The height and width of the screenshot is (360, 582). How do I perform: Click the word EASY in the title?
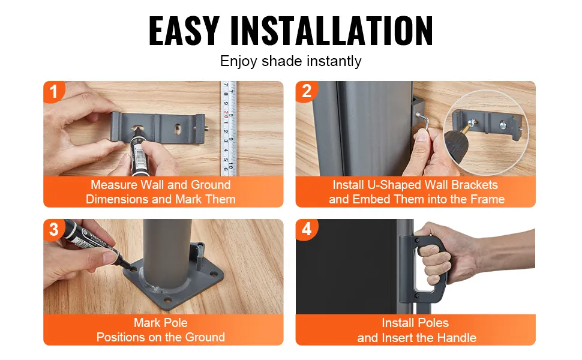pos(184,31)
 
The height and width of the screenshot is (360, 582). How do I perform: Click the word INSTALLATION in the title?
pos(331,31)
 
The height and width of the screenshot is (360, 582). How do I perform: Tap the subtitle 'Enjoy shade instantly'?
pos(290,61)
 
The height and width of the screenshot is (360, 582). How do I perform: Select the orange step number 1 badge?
pos(54,92)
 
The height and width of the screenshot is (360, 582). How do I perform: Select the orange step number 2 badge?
pos(307,91)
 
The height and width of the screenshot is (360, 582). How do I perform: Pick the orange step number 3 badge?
pos(54,230)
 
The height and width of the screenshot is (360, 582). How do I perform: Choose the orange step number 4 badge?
pos(307,230)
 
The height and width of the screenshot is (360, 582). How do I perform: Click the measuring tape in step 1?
pos(229,128)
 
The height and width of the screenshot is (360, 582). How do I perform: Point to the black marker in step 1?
pos(137,152)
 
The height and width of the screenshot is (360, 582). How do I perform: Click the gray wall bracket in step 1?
pos(158,128)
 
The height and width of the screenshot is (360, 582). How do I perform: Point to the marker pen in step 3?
pos(97,244)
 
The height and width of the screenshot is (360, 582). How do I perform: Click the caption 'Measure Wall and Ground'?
pos(161,185)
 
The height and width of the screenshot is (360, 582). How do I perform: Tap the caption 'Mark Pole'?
pos(161,323)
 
